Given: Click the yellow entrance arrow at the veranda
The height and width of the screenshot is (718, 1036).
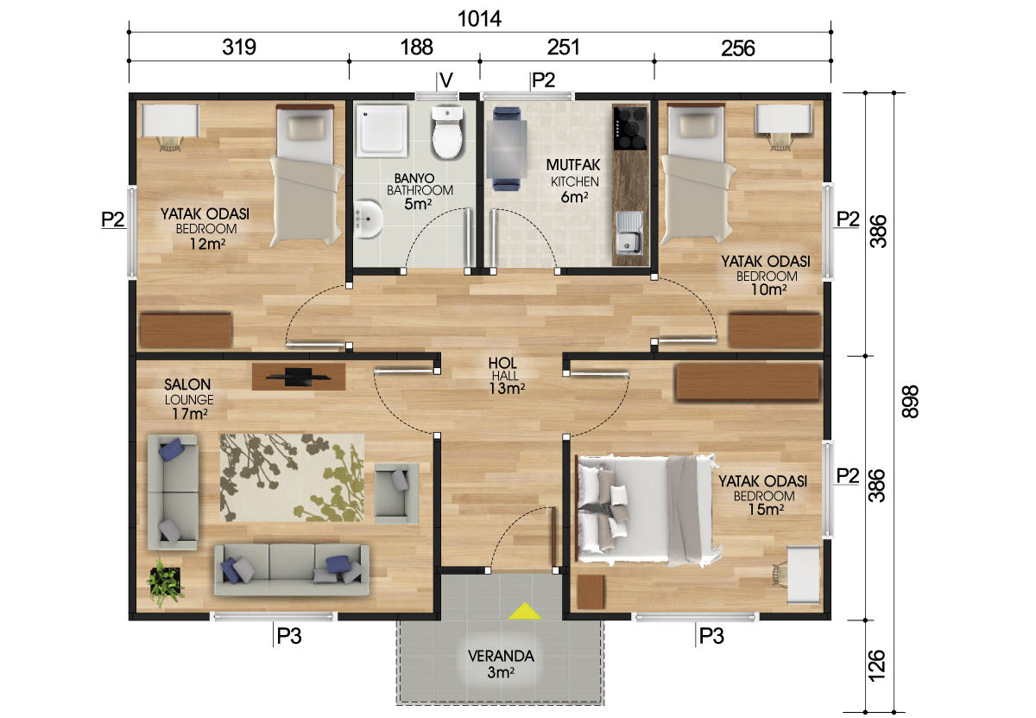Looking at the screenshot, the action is [525, 612].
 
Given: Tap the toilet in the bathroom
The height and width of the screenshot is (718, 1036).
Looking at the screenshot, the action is [447, 132].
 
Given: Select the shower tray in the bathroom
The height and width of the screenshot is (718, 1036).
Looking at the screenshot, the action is [382, 130].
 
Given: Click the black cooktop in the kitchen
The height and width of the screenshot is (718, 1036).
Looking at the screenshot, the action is [630, 128].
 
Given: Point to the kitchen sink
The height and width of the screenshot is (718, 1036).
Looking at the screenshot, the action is [629, 234].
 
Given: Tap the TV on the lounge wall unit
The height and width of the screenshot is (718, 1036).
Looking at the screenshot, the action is [299, 377].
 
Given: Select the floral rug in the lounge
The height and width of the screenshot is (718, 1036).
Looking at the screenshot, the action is [292, 478].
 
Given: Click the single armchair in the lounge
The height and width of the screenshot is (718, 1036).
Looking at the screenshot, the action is [396, 493].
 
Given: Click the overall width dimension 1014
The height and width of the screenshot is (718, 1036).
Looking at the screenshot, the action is [479, 19].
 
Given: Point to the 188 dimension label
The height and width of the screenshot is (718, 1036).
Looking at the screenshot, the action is [416, 48].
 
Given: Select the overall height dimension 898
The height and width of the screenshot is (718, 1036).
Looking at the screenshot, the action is [910, 402].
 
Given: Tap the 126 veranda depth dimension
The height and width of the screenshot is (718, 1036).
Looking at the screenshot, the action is [876, 665].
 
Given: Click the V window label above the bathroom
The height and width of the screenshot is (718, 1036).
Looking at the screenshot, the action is [446, 80].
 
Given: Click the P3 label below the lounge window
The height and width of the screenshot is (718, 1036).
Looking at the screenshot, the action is [288, 636].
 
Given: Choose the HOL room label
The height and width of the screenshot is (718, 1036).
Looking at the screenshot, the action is [502, 363].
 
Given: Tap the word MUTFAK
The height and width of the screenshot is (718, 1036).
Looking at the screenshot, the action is [573, 165].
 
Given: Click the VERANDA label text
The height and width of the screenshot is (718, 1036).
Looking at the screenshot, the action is [501, 656].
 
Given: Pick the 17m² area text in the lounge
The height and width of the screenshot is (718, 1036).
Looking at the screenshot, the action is [190, 413].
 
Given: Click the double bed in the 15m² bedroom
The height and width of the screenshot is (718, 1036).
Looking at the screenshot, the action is [645, 510].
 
